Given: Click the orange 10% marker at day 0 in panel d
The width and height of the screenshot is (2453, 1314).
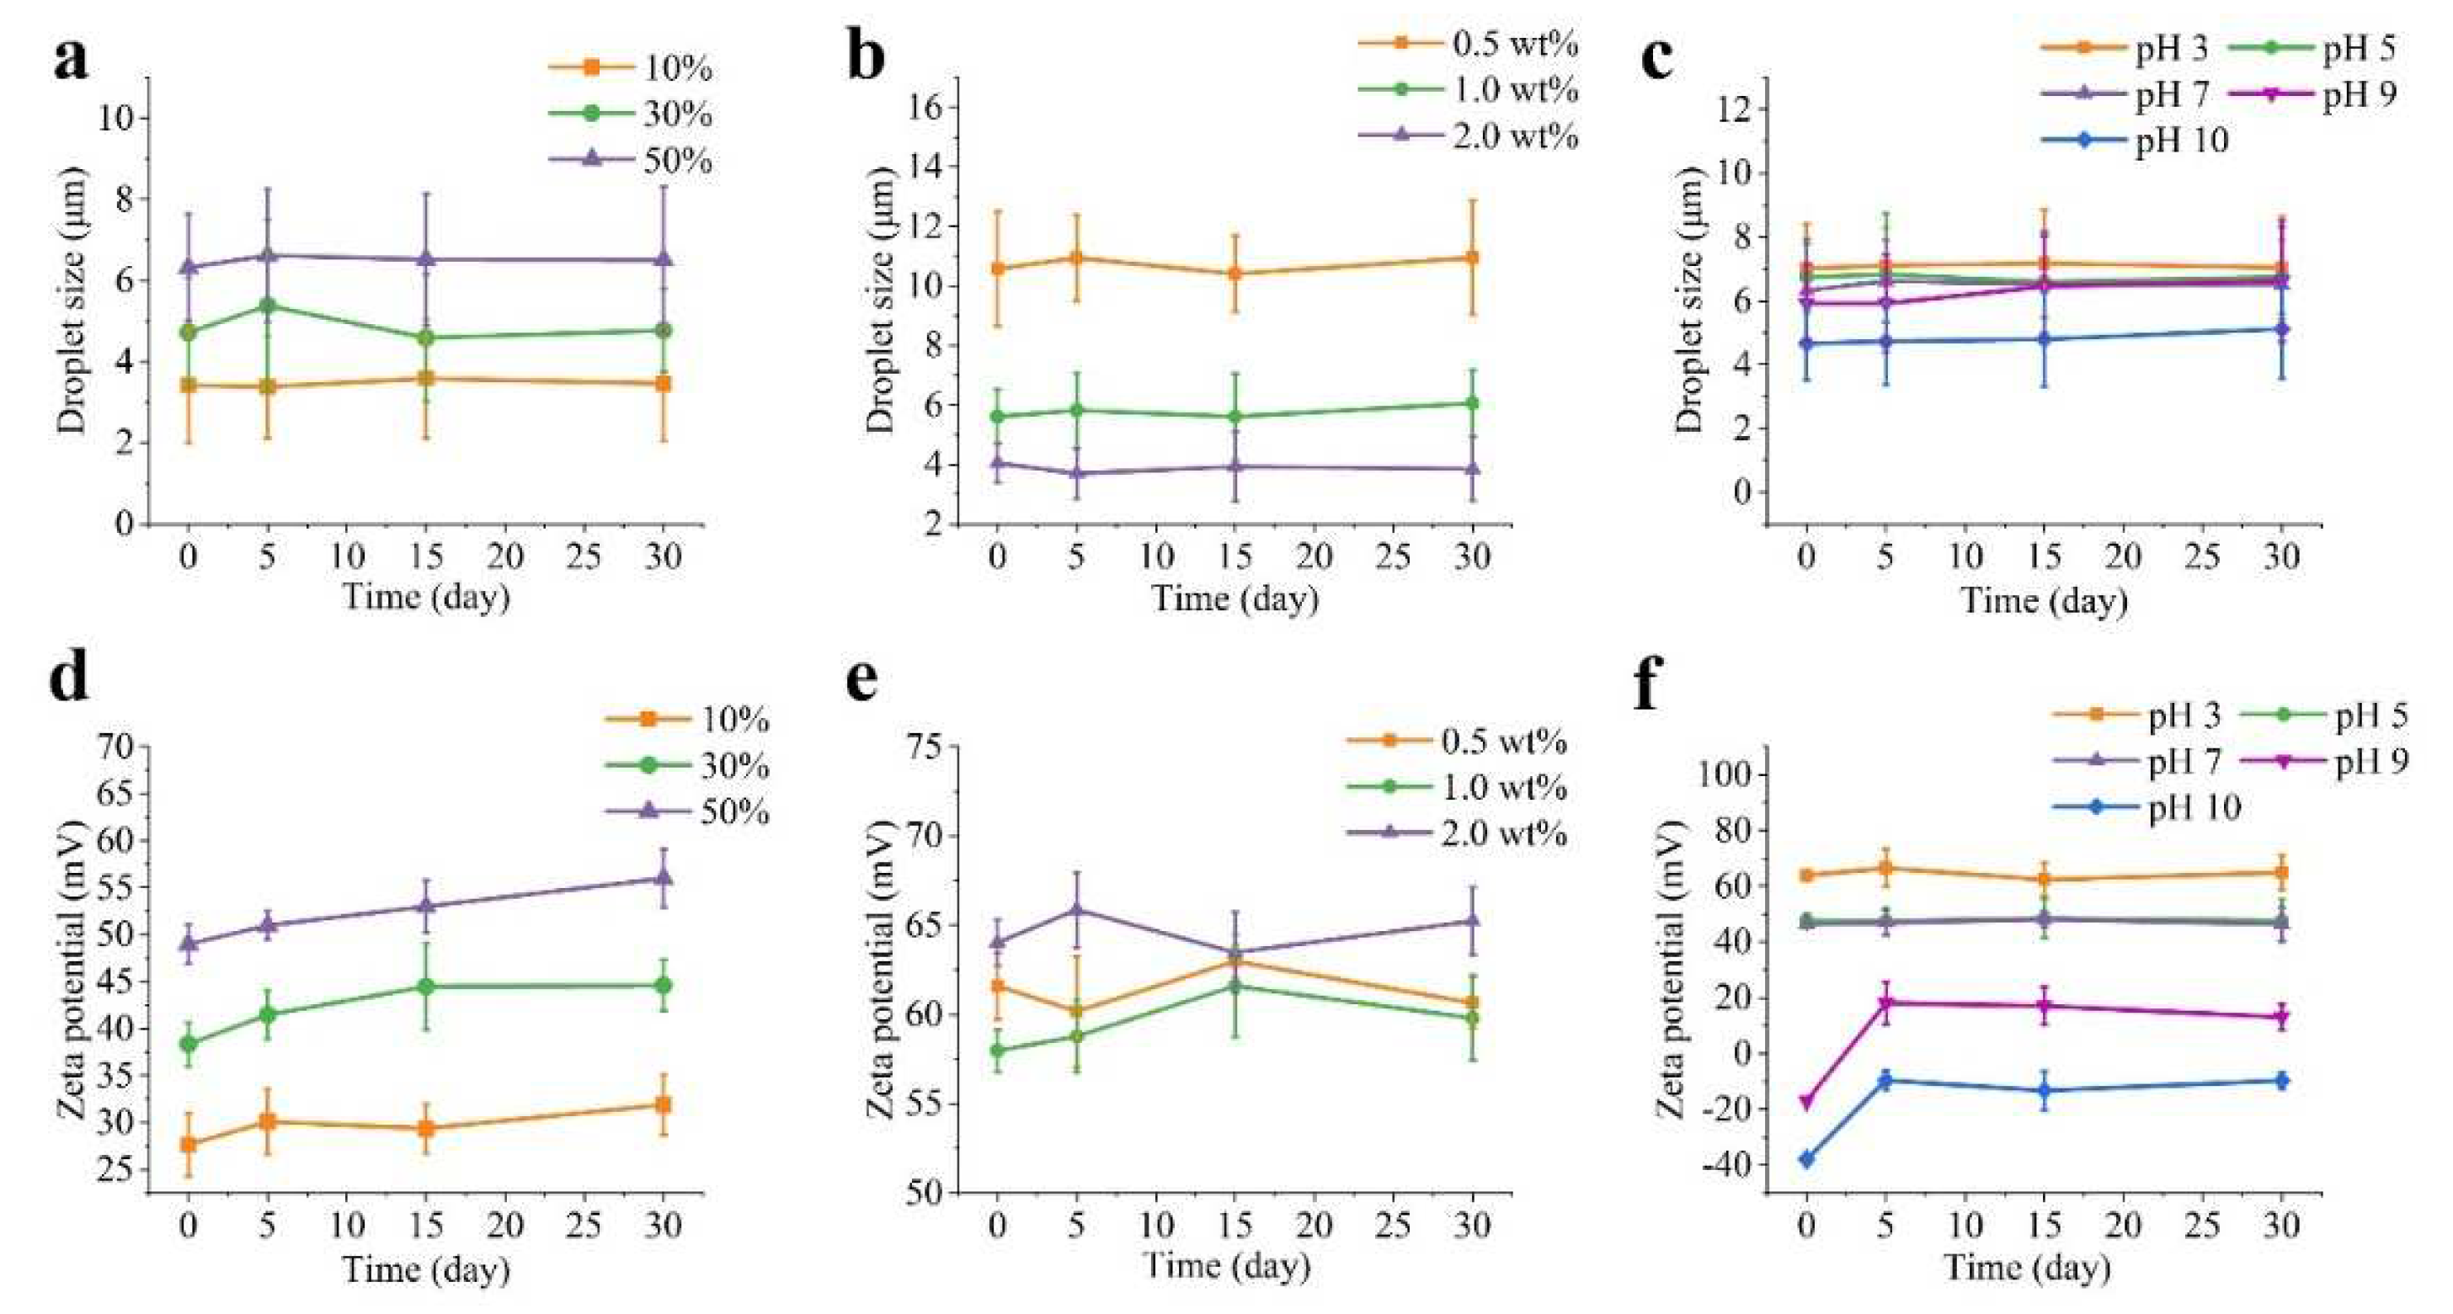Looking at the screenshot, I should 189,1144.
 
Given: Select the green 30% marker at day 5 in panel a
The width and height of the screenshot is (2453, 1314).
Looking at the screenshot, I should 268,306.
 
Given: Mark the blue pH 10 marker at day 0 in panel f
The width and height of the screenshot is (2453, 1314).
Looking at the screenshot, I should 1806,1159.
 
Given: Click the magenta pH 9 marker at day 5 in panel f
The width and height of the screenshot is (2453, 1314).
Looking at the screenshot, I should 1885,1003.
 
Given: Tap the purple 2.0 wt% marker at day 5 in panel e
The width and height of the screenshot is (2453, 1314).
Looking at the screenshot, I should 1076,909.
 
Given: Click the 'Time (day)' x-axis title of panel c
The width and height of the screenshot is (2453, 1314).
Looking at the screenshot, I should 2043,601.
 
